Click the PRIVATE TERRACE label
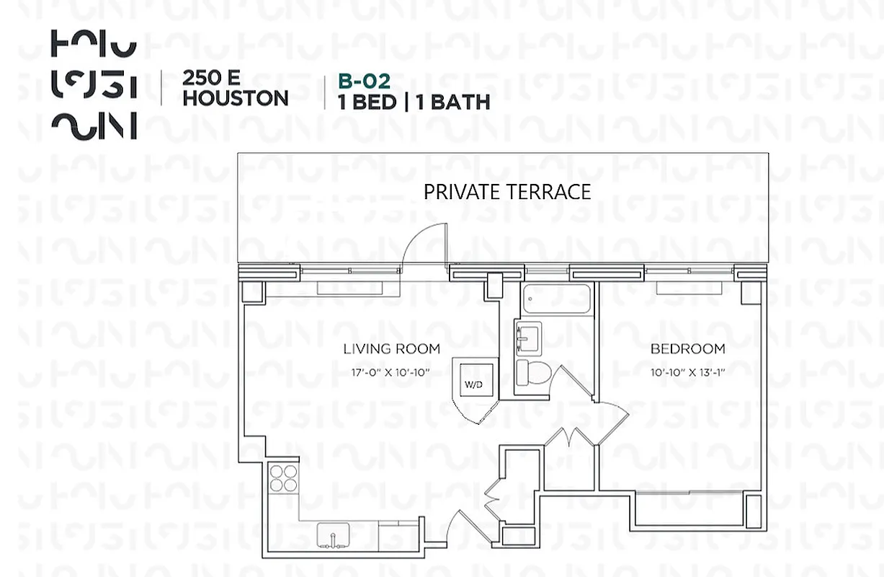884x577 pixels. [x=506, y=192]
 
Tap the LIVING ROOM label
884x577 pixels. [x=391, y=349]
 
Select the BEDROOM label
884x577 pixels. [x=687, y=349]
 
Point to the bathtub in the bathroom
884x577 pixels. [x=556, y=299]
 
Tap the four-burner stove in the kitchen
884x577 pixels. [x=284, y=477]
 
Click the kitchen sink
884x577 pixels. [x=334, y=536]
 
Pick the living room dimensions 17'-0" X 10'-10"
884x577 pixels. [x=391, y=372]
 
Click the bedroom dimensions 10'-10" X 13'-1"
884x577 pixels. [x=687, y=372]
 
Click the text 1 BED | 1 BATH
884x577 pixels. [x=414, y=102]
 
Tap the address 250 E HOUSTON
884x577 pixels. [x=235, y=88]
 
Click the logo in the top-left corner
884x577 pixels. [x=94, y=85]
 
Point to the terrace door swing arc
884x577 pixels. [x=421, y=245]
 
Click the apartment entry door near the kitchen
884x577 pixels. [x=461, y=527]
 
